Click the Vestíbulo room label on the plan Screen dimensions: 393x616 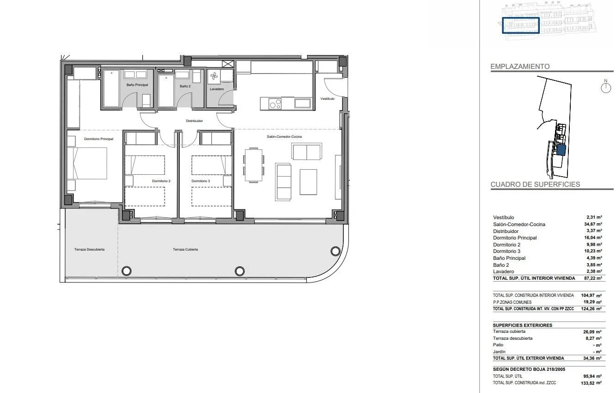point(327,98)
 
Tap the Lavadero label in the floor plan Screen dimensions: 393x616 point(217,89)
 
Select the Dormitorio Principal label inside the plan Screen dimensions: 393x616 point(98,139)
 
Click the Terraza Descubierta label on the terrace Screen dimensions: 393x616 point(89,249)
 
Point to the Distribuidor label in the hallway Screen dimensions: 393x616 point(195,121)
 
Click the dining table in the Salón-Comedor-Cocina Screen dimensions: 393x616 point(254,165)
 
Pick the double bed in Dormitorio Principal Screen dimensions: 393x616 point(88,163)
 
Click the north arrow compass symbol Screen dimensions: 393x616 point(605,87)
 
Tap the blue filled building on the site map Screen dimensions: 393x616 point(561,150)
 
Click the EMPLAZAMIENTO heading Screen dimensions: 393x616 point(520,67)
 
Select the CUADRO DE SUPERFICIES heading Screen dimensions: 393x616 point(535,184)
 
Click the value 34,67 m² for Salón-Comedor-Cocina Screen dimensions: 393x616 point(593,224)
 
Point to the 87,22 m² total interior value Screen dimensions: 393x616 point(593,278)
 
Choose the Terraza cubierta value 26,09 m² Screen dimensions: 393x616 point(592,332)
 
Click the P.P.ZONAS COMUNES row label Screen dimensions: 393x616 point(512,302)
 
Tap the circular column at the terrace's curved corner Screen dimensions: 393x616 point(335,251)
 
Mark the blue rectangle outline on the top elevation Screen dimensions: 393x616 point(521,25)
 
